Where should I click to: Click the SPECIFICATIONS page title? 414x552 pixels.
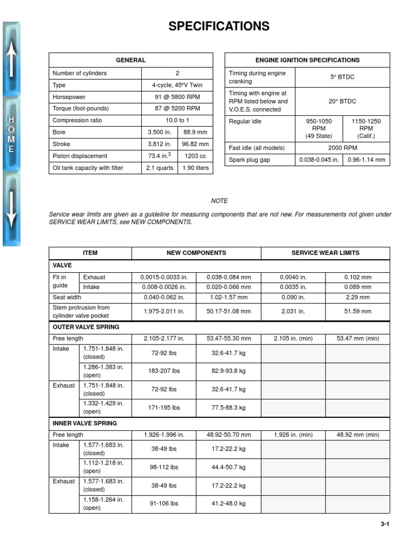pyautogui.click(x=219, y=26)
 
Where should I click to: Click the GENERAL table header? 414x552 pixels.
pyautogui.click(x=130, y=60)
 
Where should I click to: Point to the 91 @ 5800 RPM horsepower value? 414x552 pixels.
pyautogui.click(x=177, y=97)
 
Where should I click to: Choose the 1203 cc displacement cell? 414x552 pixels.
pyautogui.click(x=196, y=156)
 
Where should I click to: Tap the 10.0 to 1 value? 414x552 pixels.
pyautogui.click(x=177, y=120)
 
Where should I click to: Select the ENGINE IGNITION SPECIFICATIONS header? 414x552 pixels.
pyautogui.click(x=307, y=60)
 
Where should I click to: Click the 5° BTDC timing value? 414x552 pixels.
pyautogui.click(x=342, y=77)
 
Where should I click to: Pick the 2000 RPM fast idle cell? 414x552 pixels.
pyautogui.click(x=342, y=148)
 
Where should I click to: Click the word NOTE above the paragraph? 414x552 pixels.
pyautogui.click(x=219, y=201)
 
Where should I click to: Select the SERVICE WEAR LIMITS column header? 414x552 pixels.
pyautogui.click(x=325, y=253)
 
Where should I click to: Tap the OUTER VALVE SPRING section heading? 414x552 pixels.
pyautogui.click(x=86, y=327)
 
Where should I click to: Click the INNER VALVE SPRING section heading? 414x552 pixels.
pyautogui.click(x=85, y=423)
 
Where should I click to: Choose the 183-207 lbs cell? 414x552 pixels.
pyautogui.click(x=165, y=371)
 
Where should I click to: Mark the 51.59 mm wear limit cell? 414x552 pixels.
pyautogui.click(x=357, y=311)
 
